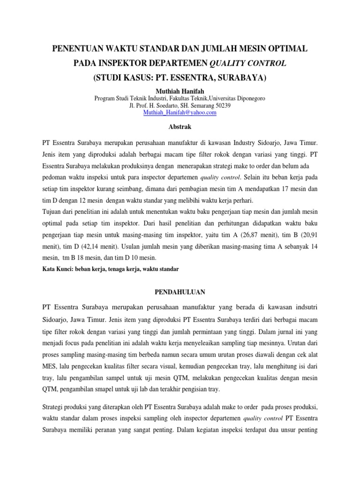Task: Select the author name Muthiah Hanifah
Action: (180, 90)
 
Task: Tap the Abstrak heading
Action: (180, 127)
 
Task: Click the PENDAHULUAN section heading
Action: (180, 292)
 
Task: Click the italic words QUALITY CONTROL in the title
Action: (248, 63)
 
